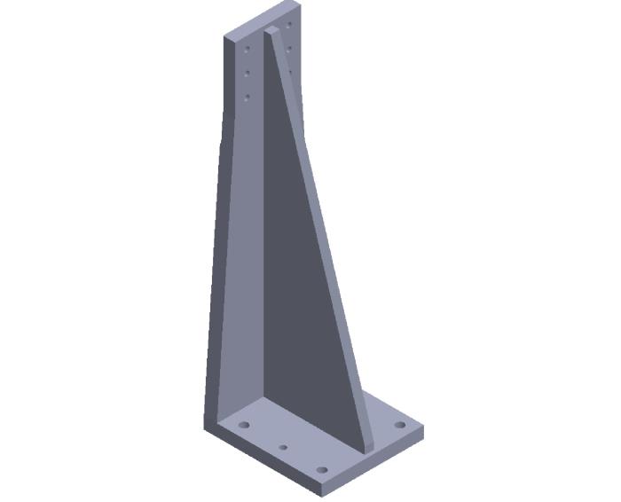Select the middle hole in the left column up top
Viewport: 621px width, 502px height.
248,73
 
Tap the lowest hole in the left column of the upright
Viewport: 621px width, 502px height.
247,96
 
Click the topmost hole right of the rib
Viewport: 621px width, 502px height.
290,25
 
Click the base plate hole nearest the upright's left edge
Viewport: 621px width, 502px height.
243,426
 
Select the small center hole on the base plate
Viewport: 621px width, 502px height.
283,447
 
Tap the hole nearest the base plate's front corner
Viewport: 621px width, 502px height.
322,469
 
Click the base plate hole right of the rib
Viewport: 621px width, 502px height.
400,425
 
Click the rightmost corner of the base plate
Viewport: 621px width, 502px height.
423,428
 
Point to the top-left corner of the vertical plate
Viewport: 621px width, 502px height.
224,35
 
